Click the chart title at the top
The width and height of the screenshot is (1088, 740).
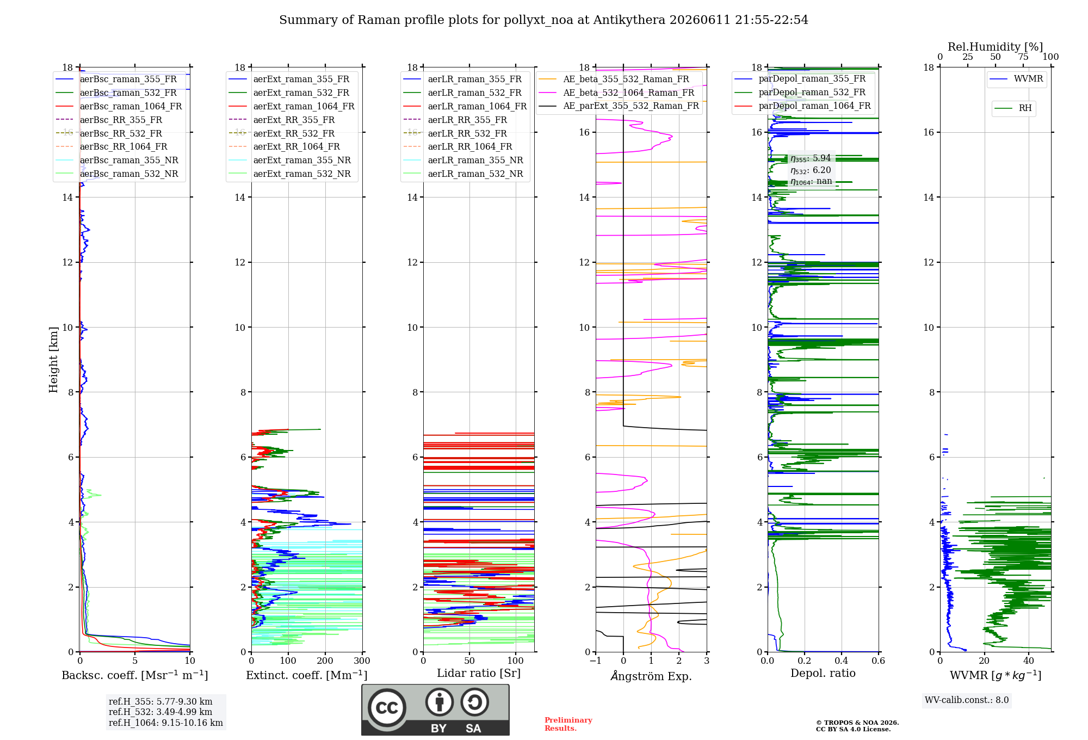point(543,20)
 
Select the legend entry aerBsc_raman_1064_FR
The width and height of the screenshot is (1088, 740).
point(119,106)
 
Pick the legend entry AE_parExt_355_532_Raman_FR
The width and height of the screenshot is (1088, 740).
point(619,106)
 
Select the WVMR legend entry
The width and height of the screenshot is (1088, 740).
point(1016,79)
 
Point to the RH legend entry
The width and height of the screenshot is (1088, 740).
point(1013,108)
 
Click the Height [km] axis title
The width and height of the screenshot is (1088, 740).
point(53,360)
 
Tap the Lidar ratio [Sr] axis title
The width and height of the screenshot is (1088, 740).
point(479,673)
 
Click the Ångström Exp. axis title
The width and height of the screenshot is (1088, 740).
point(651,676)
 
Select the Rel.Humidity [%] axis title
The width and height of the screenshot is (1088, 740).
point(996,47)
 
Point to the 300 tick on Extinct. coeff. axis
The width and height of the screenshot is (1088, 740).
point(362,661)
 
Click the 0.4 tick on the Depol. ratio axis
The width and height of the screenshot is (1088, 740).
point(842,661)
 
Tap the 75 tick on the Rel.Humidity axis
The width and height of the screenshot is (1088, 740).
point(1023,57)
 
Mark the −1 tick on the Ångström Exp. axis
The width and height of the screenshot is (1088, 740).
point(596,661)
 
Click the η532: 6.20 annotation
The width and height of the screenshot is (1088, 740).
point(811,170)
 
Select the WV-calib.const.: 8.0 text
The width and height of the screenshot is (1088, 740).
point(967,700)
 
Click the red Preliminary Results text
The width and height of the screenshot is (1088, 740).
point(568,724)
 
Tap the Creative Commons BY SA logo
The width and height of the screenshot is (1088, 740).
point(436,710)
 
